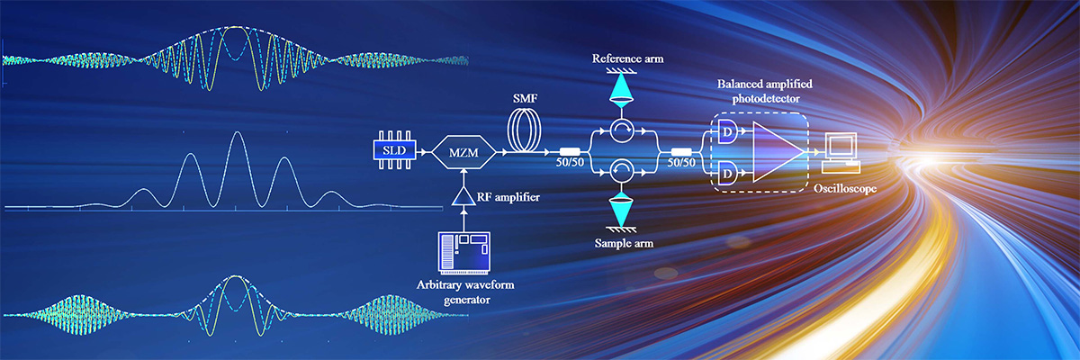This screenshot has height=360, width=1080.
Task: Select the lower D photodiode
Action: (725, 170)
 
